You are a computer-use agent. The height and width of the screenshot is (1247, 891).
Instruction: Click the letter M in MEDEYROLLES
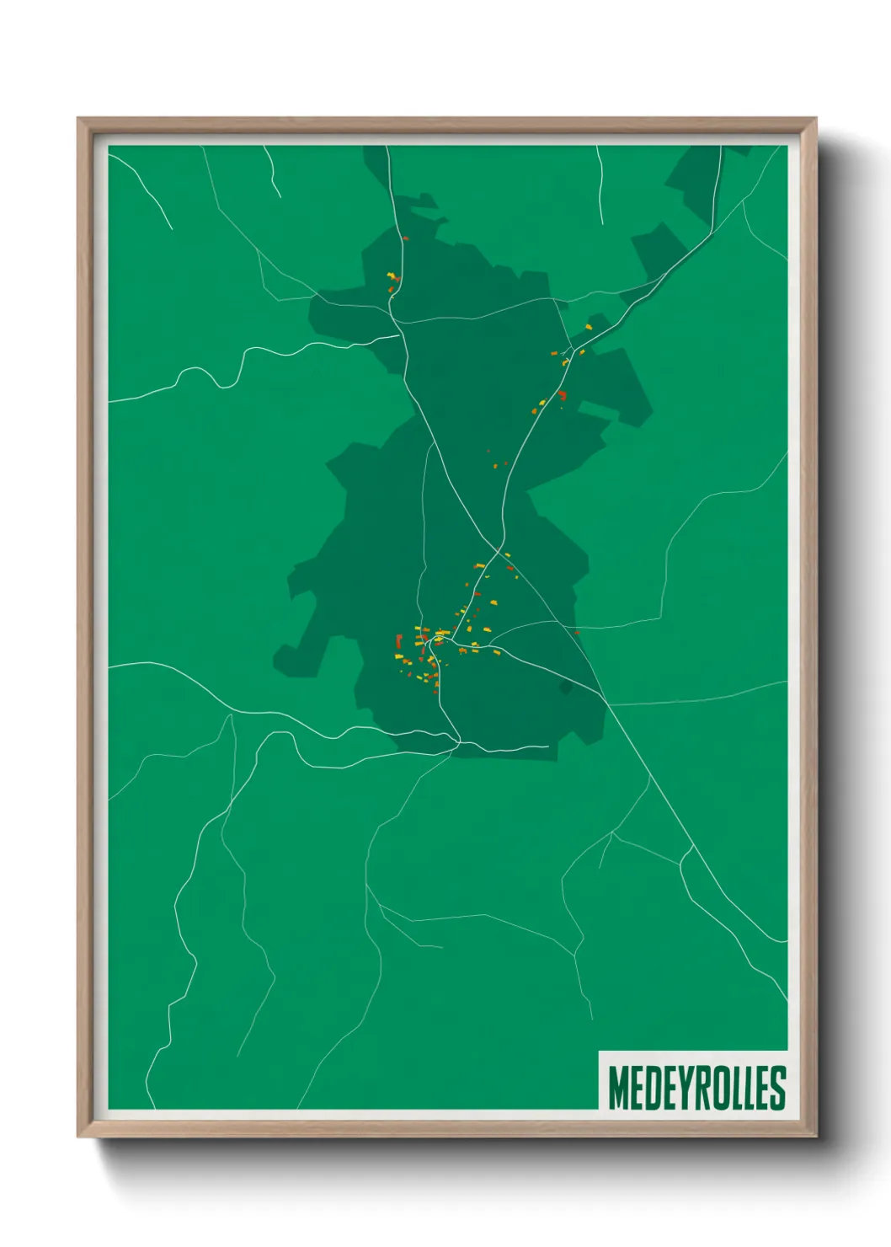click(618, 1088)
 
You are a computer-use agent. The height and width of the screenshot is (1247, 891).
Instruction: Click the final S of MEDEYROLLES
click(778, 1088)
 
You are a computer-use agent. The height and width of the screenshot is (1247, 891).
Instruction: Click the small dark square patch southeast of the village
click(566, 688)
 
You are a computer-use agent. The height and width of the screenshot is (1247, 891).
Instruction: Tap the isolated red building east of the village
click(576, 632)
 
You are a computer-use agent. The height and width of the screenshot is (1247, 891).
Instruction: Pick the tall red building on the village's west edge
click(398, 641)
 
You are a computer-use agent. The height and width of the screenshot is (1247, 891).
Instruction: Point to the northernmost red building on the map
click(405, 238)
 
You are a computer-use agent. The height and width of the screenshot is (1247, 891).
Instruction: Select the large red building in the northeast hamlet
click(562, 395)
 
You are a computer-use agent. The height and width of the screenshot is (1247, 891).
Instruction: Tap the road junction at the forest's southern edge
click(457, 742)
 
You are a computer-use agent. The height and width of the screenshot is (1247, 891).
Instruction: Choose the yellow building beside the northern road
click(390, 275)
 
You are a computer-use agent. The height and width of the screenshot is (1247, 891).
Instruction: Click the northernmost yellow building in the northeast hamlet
click(590, 326)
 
